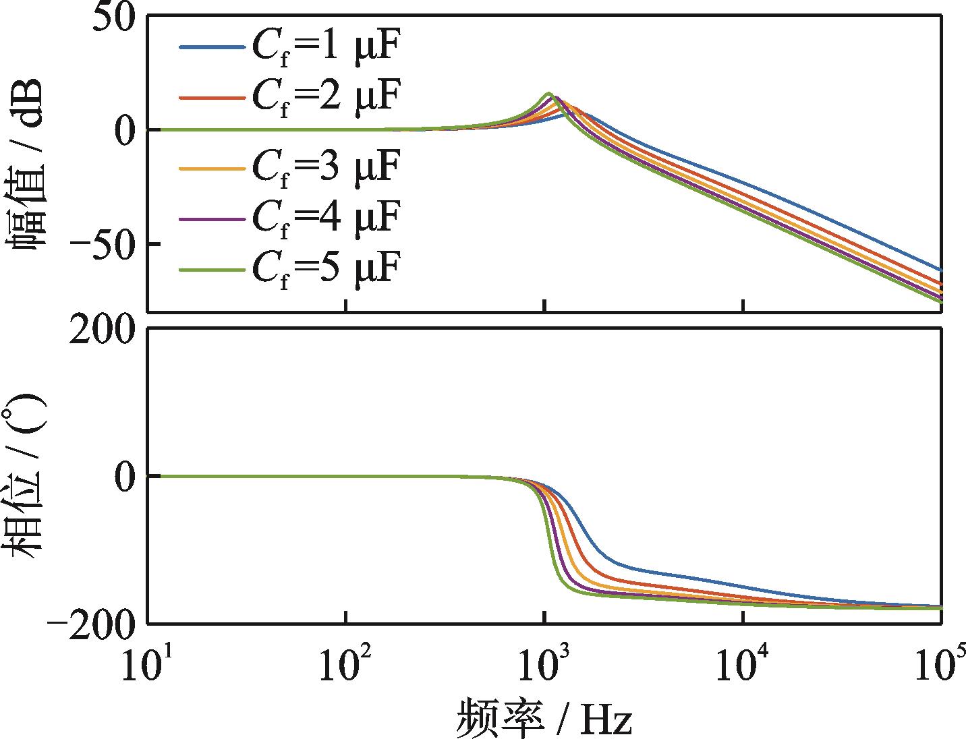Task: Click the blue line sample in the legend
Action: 210,48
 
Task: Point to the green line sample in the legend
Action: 210,270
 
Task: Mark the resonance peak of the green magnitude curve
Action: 548,93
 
